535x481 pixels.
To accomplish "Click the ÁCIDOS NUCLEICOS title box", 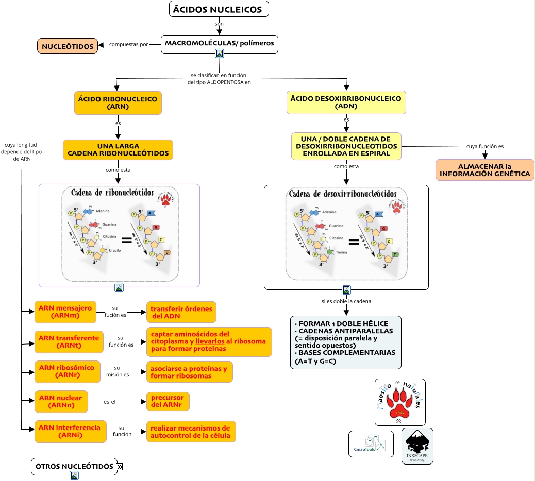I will point(219,9).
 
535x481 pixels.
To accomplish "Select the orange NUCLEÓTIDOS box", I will point(68,46).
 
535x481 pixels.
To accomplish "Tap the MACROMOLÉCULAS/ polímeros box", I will point(220,44).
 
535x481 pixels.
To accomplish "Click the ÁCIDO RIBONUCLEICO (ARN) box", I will point(118,103).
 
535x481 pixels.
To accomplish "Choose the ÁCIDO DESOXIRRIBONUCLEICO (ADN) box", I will point(346,102).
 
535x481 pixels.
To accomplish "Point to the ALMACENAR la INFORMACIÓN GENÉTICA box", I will point(484,170).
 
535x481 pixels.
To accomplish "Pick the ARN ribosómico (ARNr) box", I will point(67,371).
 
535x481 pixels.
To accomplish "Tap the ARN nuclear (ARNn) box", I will point(61,402).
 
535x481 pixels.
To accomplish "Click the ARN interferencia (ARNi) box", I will point(71,432).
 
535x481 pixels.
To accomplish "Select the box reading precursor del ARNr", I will point(168,402).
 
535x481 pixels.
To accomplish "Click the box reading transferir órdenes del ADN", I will point(181,312).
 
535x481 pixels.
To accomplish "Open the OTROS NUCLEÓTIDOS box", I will point(74,466).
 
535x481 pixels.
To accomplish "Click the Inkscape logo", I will point(417,446).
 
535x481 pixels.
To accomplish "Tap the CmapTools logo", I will point(371,444).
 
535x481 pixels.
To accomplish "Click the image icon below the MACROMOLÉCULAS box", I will point(220,54).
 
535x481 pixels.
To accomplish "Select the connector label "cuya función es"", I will point(485,146).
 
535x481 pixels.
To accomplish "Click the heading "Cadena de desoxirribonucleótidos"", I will point(343,194).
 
